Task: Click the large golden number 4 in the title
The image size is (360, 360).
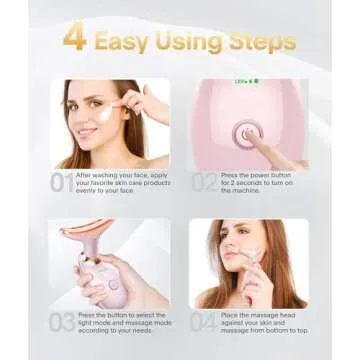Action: click(x=74, y=41)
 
